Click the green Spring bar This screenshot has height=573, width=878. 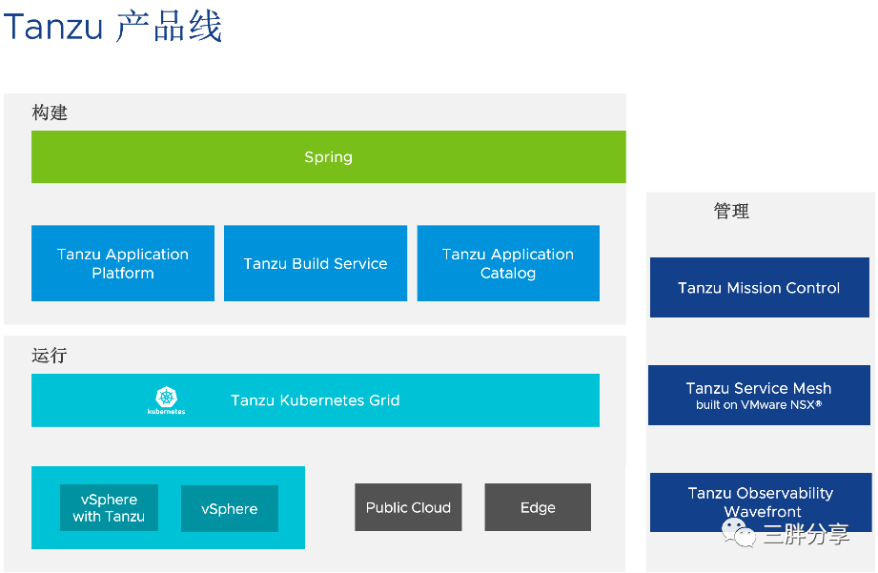point(328,157)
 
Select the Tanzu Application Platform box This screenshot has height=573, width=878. point(123,263)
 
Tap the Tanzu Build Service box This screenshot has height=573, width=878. point(316,263)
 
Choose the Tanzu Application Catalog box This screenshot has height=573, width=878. point(508,263)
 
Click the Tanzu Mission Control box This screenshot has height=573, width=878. point(759,287)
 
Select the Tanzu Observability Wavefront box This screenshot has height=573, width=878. point(760,501)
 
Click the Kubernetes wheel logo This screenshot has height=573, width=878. point(167,397)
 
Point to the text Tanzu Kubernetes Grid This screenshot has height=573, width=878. point(315,400)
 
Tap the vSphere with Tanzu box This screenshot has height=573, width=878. point(109,508)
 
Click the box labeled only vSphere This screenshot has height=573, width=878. point(230,509)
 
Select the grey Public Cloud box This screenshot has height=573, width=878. point(408,507)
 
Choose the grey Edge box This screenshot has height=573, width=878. point(538,507)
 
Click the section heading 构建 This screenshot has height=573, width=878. point(50,113)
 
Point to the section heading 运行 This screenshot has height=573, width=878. point(50,356)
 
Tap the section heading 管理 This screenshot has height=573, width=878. point(731,212)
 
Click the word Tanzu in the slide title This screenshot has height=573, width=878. point(53,27)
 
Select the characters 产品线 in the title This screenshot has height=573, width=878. point(169,27)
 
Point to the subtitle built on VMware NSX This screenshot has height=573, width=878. point(759,405)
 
